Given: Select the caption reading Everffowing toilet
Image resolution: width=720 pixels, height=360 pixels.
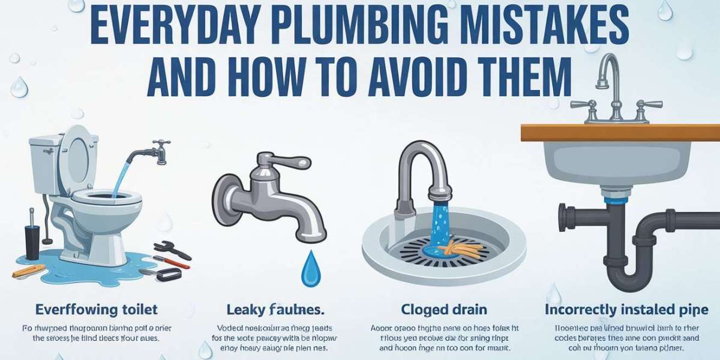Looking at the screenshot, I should [96, 310].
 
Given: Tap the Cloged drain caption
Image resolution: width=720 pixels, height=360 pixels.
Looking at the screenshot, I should [443, 310].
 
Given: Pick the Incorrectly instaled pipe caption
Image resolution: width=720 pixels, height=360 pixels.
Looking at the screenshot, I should [626, 310].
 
